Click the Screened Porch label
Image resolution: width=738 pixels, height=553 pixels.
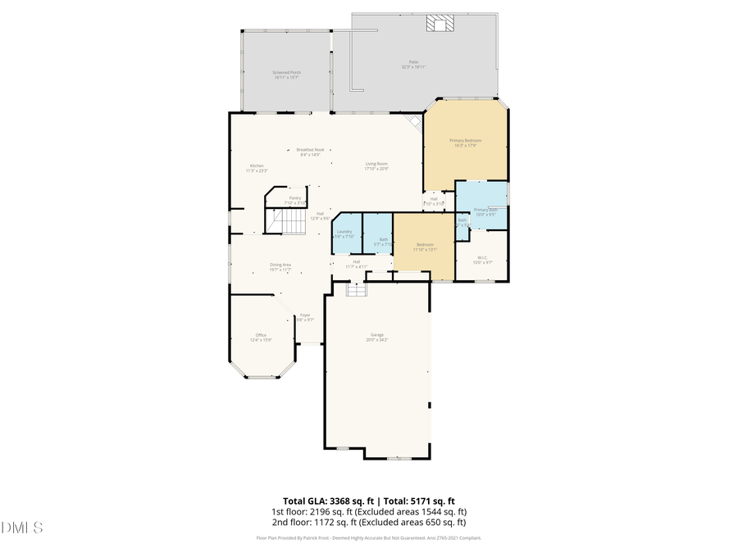tap(287, 73)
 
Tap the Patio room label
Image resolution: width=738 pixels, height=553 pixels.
tap(414, 61)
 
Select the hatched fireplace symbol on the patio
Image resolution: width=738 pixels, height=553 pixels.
tap(438, 25)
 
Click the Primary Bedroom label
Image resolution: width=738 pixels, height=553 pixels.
tap(466, 141)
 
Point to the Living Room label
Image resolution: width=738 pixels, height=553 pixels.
tap(376, 164)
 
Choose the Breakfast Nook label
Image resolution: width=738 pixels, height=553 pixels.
tap(310, 150)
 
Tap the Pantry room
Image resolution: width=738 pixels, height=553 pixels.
tap(295, 197)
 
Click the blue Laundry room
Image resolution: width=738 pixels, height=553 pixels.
tap(344, 233)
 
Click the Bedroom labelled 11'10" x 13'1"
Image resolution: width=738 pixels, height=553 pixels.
tap(425, 246)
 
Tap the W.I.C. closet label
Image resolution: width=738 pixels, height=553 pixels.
tap(484, 259)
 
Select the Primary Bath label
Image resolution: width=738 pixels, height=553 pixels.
tap(485, 211)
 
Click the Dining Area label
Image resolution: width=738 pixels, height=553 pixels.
tap(281, 265)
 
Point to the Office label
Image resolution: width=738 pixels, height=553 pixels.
tap(261, 335)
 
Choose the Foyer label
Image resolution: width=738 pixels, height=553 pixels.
tap(304, 315)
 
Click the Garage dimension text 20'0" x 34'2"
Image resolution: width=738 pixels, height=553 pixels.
tap(377, 339)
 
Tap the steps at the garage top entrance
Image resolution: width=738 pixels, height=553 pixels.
tap(355, 291)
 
